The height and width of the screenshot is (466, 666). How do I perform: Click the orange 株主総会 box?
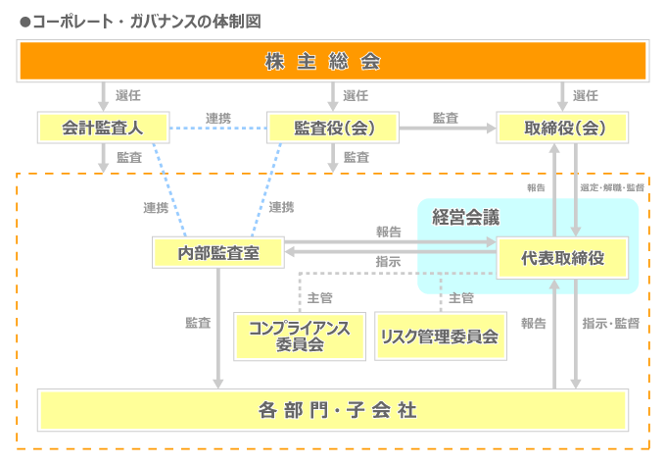[333, 62]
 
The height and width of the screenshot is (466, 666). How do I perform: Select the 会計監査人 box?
[103, 128]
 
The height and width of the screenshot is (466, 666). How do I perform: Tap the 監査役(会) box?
[333, 128]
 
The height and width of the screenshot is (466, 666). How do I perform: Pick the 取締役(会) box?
[562, 128]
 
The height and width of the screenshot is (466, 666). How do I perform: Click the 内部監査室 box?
[217, 252]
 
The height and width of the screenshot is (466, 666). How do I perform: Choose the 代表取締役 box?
[562, 258]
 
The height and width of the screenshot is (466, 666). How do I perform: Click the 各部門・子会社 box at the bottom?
[333, 409]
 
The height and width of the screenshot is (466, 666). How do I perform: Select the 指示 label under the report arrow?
[388, 262]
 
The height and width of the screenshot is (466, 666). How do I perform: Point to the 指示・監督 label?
[610, 322]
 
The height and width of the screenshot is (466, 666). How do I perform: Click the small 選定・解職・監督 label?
[612, 187]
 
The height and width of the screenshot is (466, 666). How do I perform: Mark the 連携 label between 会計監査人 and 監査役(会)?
[218, 118]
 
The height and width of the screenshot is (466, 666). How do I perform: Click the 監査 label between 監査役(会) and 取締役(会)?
[446, 118]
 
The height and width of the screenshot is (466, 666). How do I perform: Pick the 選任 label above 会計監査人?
[128, 95]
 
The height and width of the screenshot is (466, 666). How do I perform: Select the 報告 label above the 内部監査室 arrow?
[388, 232]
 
